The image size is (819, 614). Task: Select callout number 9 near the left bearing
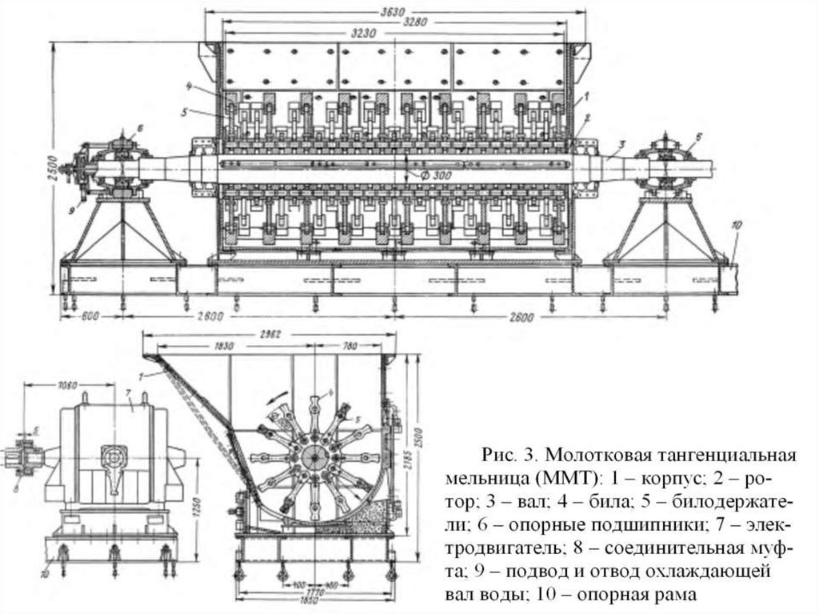(x=70, y=211)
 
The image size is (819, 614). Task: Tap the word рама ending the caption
(x=675, y=595)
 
